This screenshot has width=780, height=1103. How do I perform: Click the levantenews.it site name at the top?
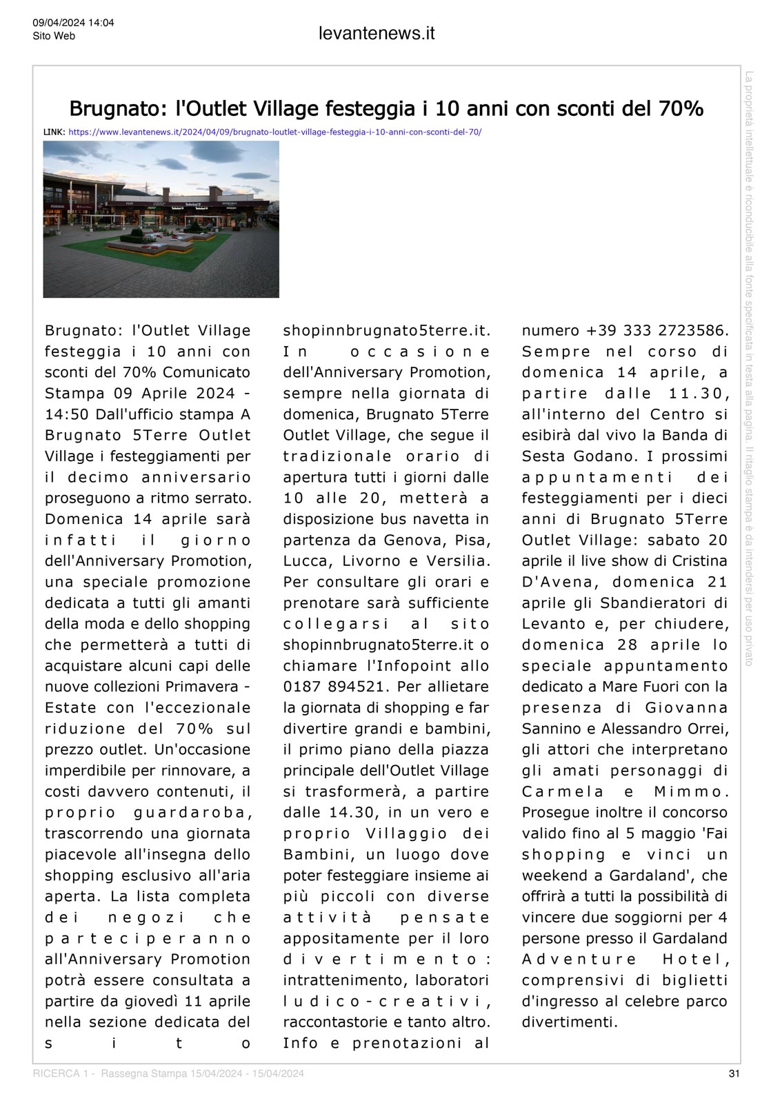(377, 34)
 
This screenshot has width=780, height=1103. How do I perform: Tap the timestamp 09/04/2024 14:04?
(73, 23)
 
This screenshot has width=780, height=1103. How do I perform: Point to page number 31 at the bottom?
(734, 1073)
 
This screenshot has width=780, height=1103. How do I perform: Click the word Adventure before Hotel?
(579, 959)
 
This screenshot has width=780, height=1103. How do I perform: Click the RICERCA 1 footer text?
(60, 1073)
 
